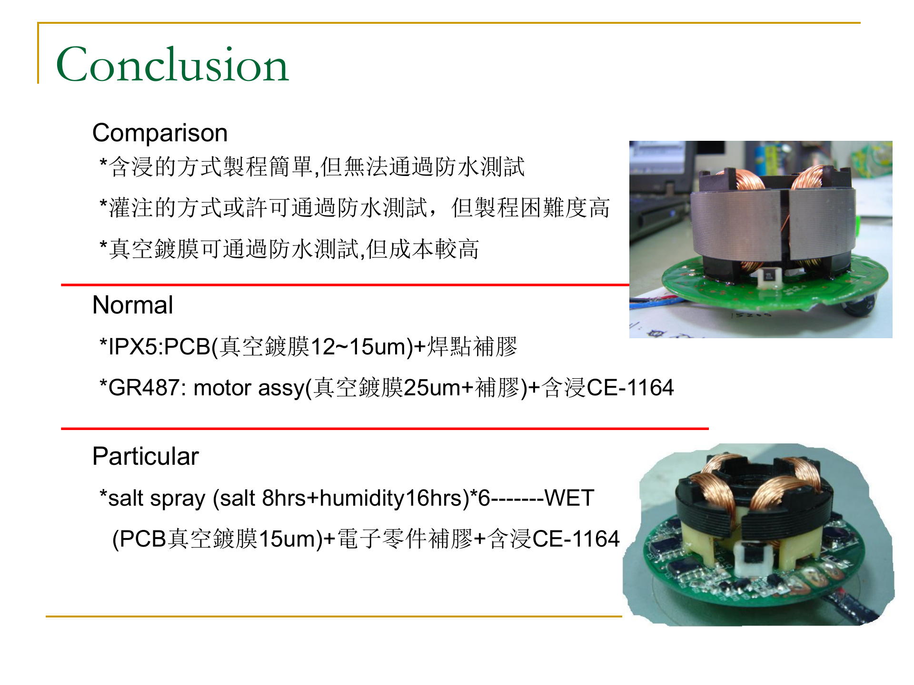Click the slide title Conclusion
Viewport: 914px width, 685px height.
pyautogui.click(x=172, y=65)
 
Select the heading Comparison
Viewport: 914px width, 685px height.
pyautogui.click(x=160, y=133)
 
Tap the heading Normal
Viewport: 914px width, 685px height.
pyautogui.click(x=132, y=305)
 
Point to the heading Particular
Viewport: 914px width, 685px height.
pyautogui.click(x=145, y=456)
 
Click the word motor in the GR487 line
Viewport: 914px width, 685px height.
pyautogui.click(x=222, y=388)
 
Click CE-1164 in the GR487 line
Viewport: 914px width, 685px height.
pyautogui.click(x=630, y=388)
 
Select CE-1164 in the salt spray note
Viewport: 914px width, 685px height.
pyautogui.click(x=576, y=539)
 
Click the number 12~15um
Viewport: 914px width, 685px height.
pyautogui.click(x=361, y=346)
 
